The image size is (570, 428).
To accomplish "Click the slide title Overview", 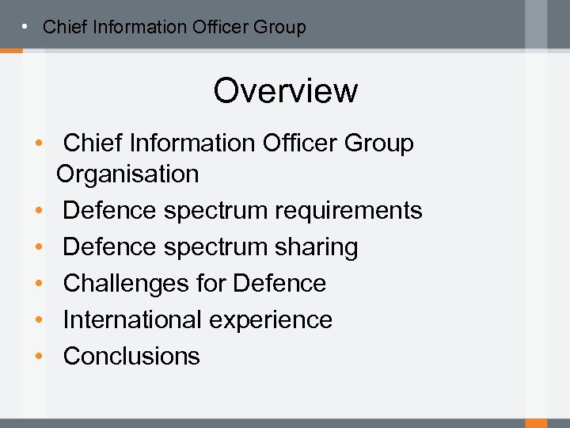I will (285, 90).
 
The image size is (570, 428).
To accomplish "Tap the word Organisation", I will (127, 174).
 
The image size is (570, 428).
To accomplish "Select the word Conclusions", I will (131, 356).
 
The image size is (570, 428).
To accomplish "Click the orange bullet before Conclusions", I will (38, 357).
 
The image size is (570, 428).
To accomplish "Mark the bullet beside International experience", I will (38, 320).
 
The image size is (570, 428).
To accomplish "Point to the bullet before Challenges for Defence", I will (38, 284).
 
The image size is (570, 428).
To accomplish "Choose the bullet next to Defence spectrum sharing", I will (38, 247).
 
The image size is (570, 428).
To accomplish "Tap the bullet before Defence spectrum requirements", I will (38, 211).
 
